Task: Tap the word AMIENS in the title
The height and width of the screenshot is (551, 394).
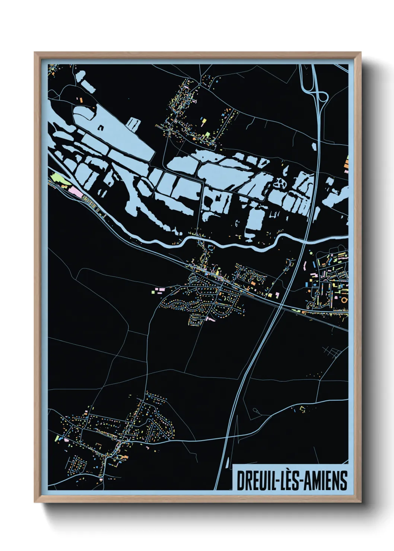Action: pos(326,481)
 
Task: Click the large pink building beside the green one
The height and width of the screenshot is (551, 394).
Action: pos(76,192)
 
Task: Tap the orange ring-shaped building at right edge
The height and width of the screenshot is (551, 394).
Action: pos(344,299)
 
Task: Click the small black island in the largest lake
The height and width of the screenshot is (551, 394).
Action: pos(101,127)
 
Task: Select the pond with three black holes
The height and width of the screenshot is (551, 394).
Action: pos(279,183)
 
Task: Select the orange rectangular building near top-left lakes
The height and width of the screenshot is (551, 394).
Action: pos(79,99)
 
